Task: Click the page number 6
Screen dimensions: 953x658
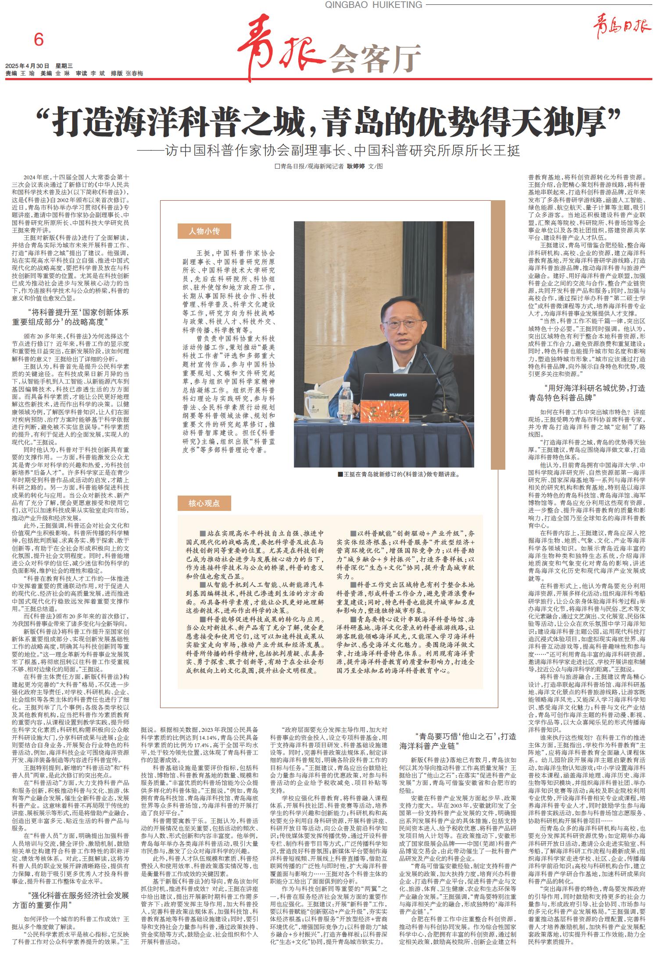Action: pos(39,40)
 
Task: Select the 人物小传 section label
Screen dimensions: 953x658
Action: pos(204,231)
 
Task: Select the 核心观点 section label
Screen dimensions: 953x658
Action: pos(204,503)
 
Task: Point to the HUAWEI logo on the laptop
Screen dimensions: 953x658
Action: pos(398,395)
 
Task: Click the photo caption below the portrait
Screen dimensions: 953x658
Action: pos(398,474)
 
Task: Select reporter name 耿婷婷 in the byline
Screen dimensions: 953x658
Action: pos(356,167)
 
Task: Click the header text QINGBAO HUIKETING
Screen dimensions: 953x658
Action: pos(374,5)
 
